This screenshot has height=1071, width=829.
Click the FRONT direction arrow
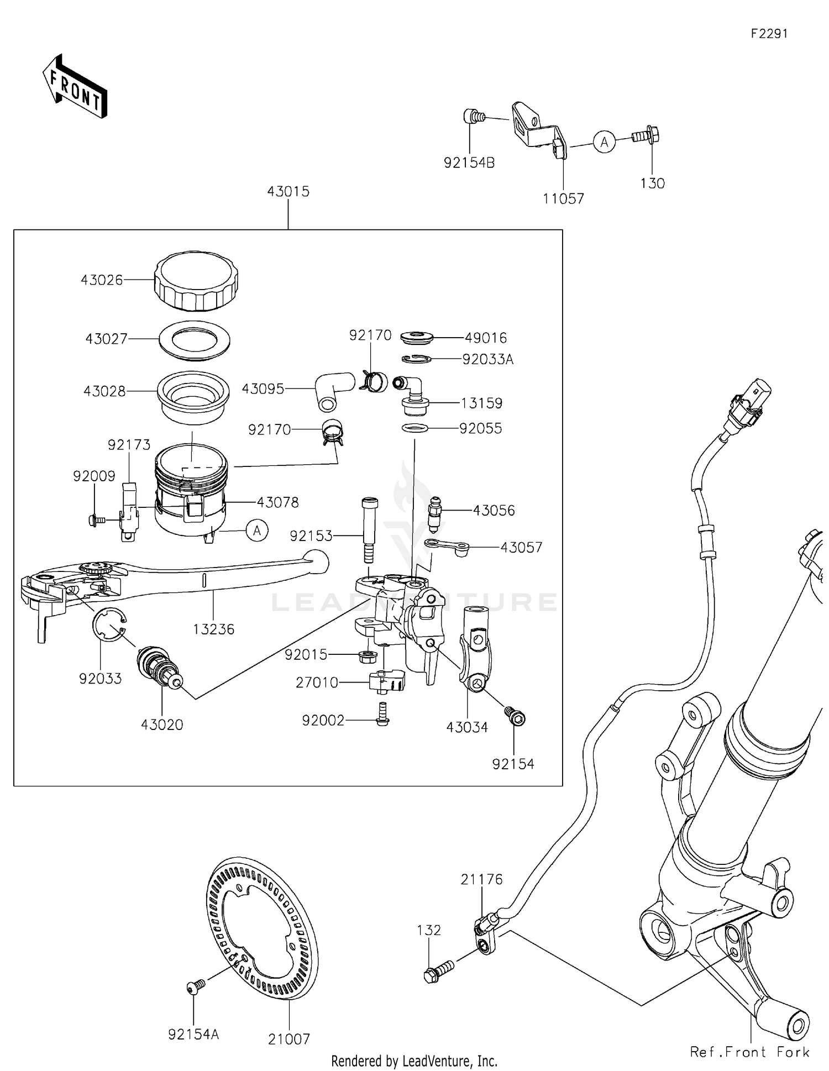[x=75, y=87]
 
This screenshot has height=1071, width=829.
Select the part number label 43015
[x=288, y=192]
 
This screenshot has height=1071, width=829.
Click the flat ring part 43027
[x=195, y=339]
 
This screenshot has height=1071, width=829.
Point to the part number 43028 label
[x=104, y=391]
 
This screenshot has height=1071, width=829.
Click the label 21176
[x=482, y=879]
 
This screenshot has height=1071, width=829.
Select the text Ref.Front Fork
[x=749, y=1052]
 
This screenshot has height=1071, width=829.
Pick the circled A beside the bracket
[x=605, y=142]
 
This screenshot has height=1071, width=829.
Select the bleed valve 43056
[x=435, y=511]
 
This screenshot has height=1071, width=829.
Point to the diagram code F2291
[x=769, y=34]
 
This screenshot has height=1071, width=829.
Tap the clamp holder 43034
[x=475, y=647]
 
